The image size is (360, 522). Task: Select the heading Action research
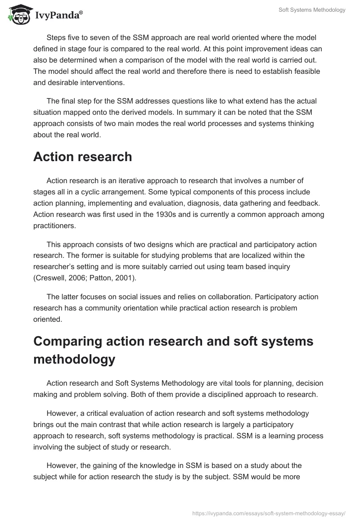(82, 157)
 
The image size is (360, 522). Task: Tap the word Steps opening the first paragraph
(56, 37)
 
